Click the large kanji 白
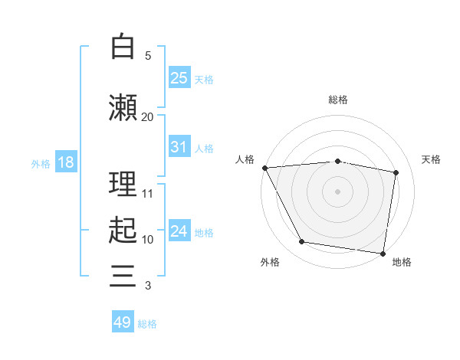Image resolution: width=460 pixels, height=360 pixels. point(123,46)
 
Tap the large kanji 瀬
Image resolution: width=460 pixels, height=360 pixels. point(123,107)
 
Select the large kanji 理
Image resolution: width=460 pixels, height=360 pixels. point(123,184)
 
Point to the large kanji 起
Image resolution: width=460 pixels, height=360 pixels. point(123,230)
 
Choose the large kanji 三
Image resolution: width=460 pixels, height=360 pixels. point(123,276)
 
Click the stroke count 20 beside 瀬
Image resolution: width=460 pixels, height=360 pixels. point(147,117)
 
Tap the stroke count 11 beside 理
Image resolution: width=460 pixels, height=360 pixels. point(147,194)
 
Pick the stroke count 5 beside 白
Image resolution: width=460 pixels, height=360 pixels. point(148,56)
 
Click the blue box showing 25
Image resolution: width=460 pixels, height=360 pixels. point(179,77)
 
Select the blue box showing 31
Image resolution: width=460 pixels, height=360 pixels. point(179,146)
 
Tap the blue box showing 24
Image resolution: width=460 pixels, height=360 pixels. point(179,230)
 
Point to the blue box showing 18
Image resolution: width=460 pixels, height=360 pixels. point(66,162)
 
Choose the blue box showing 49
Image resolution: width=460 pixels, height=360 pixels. point(123,321)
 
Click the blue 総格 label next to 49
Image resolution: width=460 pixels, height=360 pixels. point(147,324)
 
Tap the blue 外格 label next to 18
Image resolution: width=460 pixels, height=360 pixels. point(41,164)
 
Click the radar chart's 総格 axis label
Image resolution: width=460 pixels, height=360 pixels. point(338,100)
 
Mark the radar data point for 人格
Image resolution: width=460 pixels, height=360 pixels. point(265,168)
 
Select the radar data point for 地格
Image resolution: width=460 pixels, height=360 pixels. point(383,254)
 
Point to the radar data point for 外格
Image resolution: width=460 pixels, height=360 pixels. point(302,241)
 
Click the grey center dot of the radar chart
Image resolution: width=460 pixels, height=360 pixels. point(337,191)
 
